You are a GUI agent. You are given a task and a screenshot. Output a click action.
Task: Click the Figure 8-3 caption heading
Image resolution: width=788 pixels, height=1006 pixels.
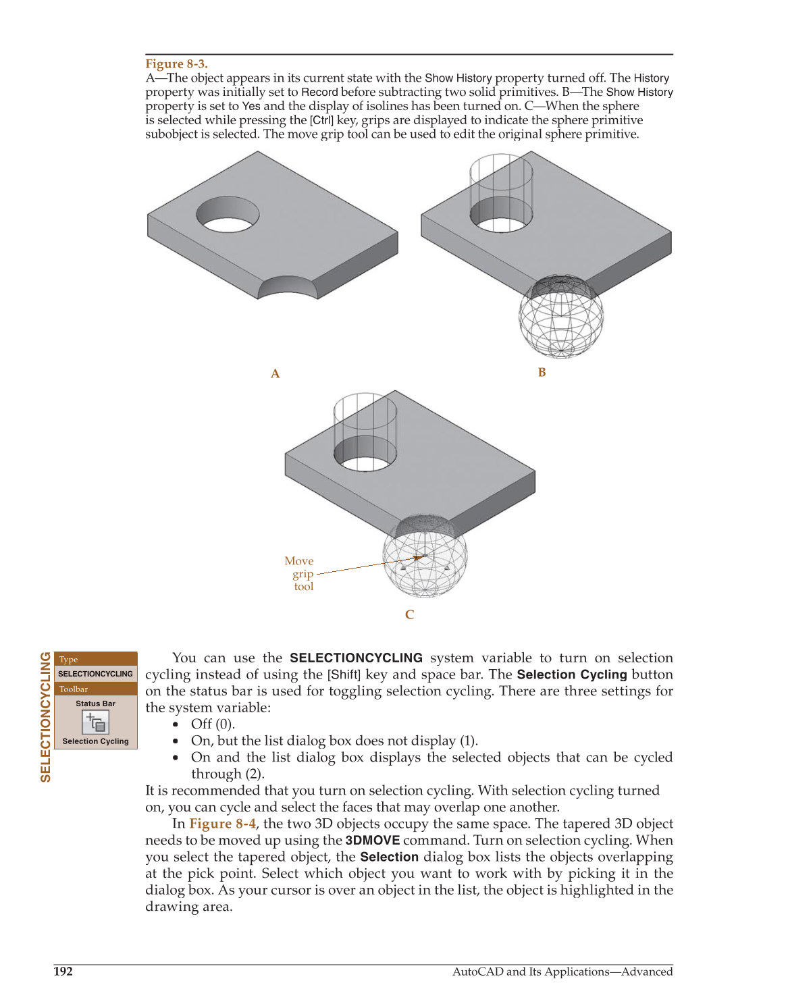[x=176, y=64]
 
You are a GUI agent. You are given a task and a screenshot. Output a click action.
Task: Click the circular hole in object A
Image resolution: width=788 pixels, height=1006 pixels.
[x=228, y=215]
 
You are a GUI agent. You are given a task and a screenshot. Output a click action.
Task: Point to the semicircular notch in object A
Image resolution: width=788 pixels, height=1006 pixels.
[x=287, y=288]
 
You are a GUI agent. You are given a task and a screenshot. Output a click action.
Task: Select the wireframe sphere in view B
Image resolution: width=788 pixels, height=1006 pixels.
[x=560, y=317]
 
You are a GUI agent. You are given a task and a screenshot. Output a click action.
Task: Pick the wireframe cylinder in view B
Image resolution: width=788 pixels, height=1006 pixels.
[x=501, y=182]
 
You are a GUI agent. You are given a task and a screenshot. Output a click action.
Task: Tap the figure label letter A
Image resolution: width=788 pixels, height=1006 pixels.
[x=275, y=374]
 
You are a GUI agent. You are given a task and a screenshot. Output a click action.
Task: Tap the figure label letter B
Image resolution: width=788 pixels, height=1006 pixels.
[x=542, y=373]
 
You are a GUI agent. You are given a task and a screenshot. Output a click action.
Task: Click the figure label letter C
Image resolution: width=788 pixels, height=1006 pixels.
[x=409, y=614]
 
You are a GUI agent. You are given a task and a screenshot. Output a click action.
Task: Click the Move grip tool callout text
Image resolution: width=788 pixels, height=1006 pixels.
[x=300, y=574]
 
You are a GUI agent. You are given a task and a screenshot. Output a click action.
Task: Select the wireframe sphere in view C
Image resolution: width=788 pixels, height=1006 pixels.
[x=425, y=557]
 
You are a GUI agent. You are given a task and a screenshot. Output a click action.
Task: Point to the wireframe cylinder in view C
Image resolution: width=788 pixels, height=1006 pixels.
[x=365, y=422]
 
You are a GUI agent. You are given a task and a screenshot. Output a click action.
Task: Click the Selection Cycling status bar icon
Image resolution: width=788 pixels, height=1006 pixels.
[x=95, y=722]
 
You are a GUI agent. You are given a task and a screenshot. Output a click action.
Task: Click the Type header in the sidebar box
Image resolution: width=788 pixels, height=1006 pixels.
[x=69, y=660]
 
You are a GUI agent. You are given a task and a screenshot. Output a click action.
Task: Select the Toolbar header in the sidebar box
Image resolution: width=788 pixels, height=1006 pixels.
[x=74, y=689]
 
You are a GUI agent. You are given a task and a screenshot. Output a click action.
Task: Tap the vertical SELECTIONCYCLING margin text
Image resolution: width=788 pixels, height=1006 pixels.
[x=46, y=716]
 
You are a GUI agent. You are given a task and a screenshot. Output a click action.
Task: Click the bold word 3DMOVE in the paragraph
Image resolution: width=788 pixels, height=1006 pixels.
[x=373, y=841]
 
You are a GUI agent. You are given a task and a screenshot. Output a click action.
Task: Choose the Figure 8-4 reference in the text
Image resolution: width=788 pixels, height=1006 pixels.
[x=223, y=824]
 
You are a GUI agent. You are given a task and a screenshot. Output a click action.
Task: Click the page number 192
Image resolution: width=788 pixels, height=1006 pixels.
[x=63, y=972]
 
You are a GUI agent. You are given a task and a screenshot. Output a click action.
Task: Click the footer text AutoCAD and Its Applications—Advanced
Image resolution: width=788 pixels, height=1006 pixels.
[x=562, y=972]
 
